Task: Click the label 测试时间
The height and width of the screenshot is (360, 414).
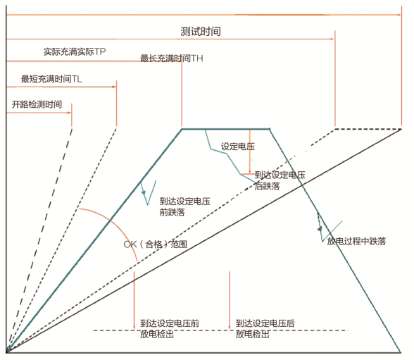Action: pyautogui.click(x=201, y=32)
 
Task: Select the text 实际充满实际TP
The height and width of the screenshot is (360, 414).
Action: pyautogui.click(x=75, y=51)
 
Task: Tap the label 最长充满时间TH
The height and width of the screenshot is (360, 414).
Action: pyautogui.click(x=171, y=58)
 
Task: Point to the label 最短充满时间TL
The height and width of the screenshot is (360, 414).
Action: pyautogui.click(x=51, y=79)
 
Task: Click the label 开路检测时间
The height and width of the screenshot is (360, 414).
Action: pyautogui.click(x=37, y=104)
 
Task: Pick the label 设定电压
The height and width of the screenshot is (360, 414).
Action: pyautogui.click(x=238, y=147)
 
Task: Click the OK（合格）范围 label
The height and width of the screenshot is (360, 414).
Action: pyautogui.click(x=155, y=244)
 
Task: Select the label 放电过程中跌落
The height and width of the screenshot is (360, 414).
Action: pyautogui.click(x=356, y=241)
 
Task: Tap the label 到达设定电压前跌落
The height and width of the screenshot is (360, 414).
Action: pyautogui.click(x=184, y=207)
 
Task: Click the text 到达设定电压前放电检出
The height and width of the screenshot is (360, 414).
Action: pyautogui.click(x=170, y=329)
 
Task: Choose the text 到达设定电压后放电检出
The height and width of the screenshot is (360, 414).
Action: pyautogui.click(x=265, y=329)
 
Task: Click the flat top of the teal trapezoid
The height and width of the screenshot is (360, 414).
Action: pyautogui.click(x=225, y=129)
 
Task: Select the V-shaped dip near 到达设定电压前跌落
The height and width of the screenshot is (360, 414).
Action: pyautogui.click(x=147, y=193)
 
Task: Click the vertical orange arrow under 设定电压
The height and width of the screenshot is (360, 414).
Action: pyautogui.click(x=250, y=151)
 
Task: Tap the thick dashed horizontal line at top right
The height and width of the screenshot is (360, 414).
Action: pyautogui.click(x=368, y=129)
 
